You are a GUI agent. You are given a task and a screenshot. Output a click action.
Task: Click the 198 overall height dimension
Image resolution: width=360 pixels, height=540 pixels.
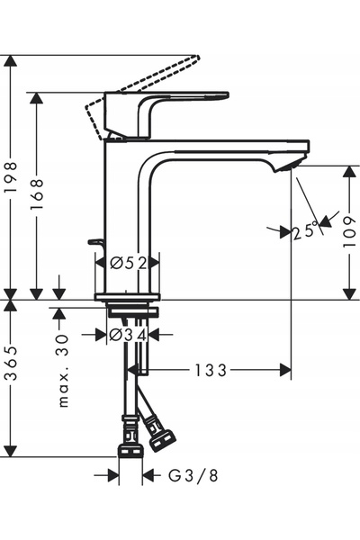click(x=11, y=177)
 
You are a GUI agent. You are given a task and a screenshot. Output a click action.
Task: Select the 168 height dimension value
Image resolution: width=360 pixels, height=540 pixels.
click(x=36, y=193)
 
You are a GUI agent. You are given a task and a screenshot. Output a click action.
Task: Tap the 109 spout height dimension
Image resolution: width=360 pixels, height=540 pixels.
click(x=350, y=232)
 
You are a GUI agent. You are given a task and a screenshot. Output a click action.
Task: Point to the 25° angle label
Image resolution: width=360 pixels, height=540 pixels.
click(x=305, y=230)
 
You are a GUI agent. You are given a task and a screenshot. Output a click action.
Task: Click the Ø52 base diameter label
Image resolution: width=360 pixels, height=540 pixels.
click(x=129, y=263)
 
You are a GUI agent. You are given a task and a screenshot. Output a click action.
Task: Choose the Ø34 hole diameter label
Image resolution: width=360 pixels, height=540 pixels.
click(x=128, y=335)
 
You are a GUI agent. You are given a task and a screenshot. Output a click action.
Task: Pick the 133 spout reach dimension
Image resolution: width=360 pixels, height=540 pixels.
click(x=211, y=371)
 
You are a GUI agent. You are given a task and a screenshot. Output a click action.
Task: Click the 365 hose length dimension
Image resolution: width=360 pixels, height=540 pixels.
click(x=11, y=364)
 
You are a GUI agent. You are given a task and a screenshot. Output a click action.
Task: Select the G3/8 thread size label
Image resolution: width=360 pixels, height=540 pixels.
click(x=193, y=475)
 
